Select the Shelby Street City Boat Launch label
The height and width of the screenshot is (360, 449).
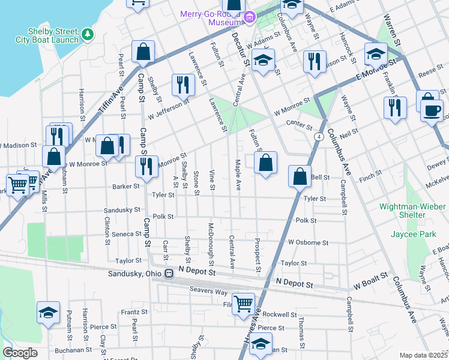pyautogui.click(x=53, y=36)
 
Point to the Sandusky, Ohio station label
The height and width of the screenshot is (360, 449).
pyautogui.click(x=135, y=274)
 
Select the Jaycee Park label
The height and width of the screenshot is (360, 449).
pyautogui.click(x=413, y=234)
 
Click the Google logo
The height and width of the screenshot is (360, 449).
pyautogui.click(x=20, y=352)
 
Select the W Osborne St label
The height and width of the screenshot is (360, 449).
pyautogui.click(x=308, y=243)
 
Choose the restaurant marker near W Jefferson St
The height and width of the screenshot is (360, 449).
pyautogui.click(x=183, y=85)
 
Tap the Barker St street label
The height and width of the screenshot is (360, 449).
pyautogui.click(x=125, y=187)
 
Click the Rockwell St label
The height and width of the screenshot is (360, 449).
pyautogui.click(x=283, y=314)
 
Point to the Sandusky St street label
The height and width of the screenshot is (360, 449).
pyautogui.click(x=122, y=211)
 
